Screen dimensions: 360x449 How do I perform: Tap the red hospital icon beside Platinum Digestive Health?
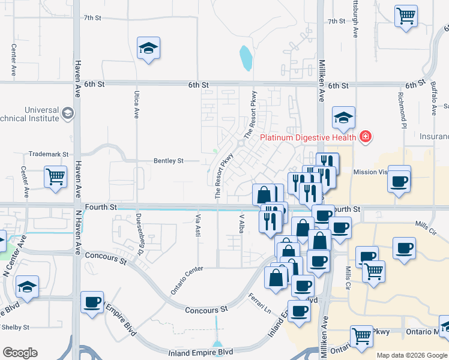(x=364, y=137)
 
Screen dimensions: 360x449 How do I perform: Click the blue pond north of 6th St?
(x=246, y=58)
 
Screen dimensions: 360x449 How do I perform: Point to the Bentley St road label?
(x=169, y=161)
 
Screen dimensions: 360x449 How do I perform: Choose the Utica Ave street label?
(x=136, y=104)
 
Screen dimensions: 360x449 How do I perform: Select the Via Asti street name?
(x=197, y=224)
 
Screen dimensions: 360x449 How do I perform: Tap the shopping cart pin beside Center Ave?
(x=55, y=177)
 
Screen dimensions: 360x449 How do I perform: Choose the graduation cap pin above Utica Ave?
(x=148, y=48)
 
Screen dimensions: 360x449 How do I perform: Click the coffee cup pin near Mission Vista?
(x=400, y=180)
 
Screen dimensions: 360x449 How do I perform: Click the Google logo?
(x=20, y=353)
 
